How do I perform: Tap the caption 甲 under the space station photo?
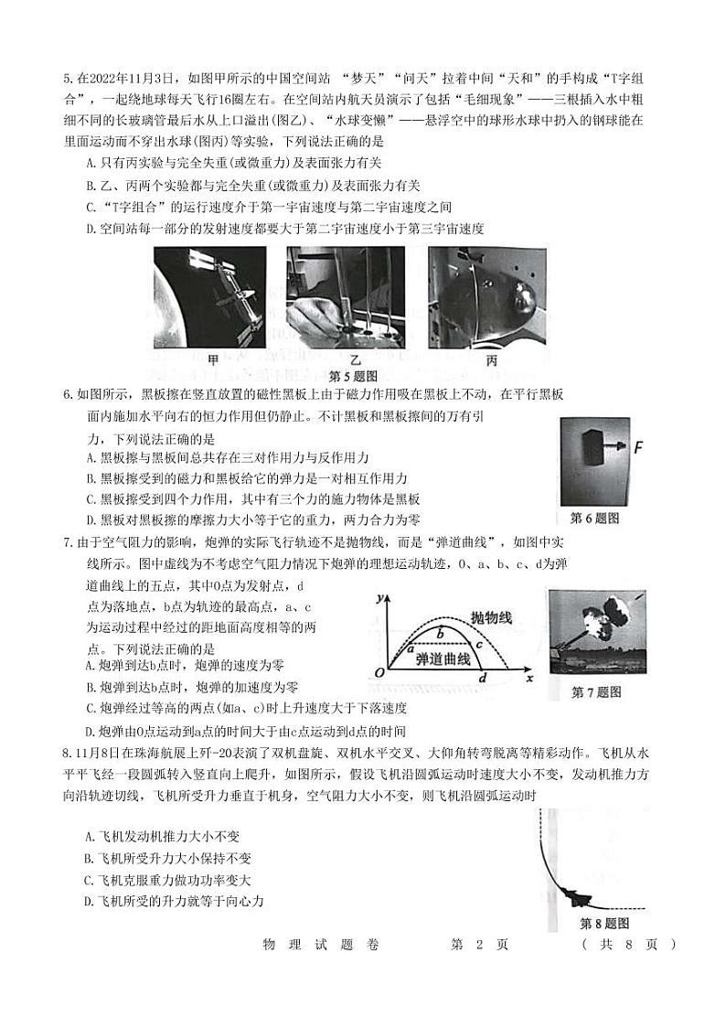tap(214, 359)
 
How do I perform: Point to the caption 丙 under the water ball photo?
tap(492, 359)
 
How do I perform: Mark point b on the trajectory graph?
tap(440, 632)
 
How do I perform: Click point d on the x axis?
tap(483, 676)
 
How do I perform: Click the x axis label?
tap(529, 679)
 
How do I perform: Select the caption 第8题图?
tap(604, 923)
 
